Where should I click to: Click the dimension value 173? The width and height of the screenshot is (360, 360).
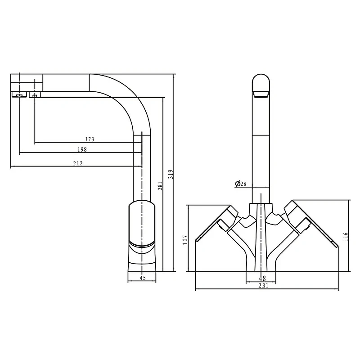click(x=90, y=139)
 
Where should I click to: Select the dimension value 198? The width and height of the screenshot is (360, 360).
click(x=82, y=149)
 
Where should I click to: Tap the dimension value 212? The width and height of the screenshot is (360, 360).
click(x=78, y=163)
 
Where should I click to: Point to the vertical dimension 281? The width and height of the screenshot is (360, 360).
click(x=160, y=186)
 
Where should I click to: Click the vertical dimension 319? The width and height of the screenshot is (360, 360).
click(x=171, y=174)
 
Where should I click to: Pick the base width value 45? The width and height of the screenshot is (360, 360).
click(x=143, y=278)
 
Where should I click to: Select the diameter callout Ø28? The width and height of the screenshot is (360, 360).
click(x=241, y=184)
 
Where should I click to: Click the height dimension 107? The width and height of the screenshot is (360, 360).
click(x=185, y=240)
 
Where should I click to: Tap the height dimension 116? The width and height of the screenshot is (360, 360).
click(x=346, y=237)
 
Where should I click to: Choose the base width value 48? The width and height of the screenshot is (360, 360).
click(x=262, y=279)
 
